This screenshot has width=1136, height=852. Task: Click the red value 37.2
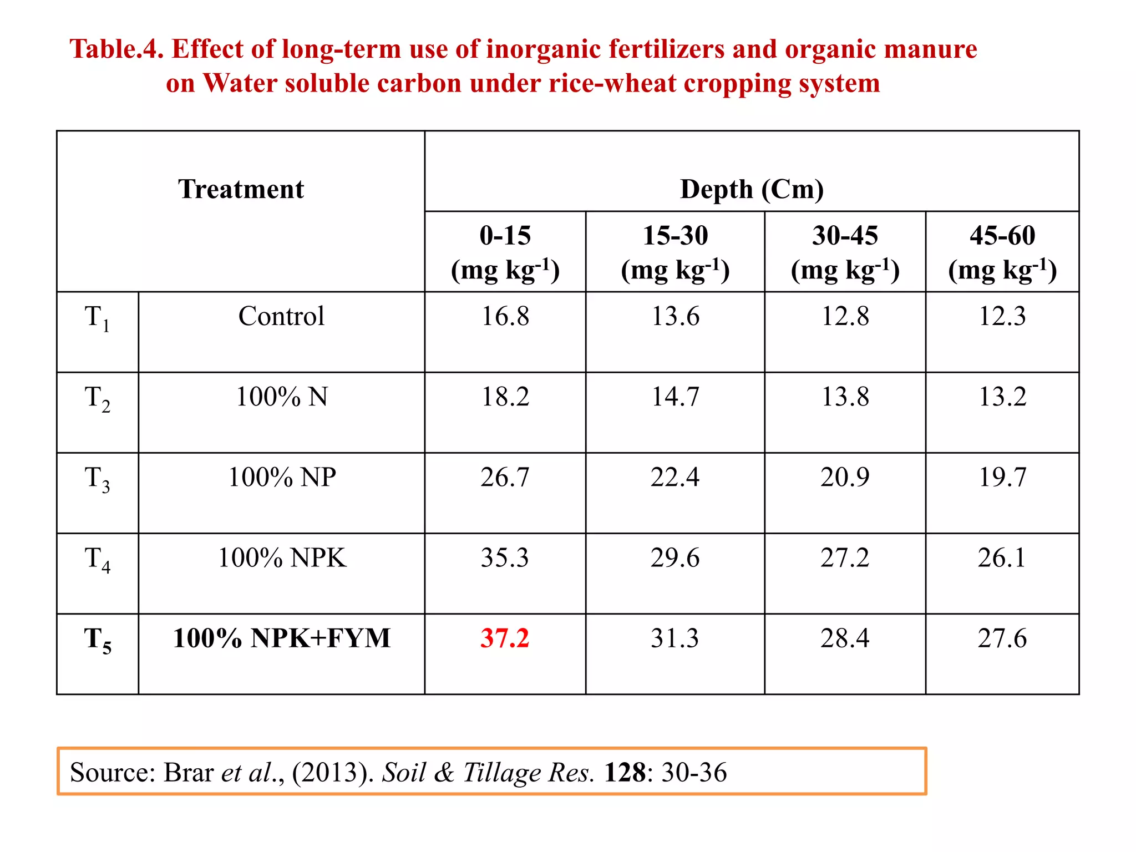505,638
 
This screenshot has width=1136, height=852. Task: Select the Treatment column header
241,189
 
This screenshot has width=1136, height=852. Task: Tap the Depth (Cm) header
752,189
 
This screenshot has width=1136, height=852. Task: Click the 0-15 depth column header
505,252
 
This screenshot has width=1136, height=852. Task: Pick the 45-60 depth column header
1002,252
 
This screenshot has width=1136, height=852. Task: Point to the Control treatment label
281,316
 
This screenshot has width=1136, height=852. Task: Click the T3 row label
97,478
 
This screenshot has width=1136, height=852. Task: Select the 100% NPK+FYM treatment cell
281,638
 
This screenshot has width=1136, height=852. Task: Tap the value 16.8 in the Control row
505,316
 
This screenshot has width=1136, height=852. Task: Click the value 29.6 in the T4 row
674,557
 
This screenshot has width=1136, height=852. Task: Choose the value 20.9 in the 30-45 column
845,477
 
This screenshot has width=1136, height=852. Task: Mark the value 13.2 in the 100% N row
1002,397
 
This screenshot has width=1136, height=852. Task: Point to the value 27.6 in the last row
1002,638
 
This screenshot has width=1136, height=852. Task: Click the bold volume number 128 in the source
625,772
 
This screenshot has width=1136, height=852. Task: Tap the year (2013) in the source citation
333,772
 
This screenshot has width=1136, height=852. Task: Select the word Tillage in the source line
502,772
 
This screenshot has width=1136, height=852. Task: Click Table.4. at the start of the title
116,49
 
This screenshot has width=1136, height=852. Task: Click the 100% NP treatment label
281,477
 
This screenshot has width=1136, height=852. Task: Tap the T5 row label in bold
97,639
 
